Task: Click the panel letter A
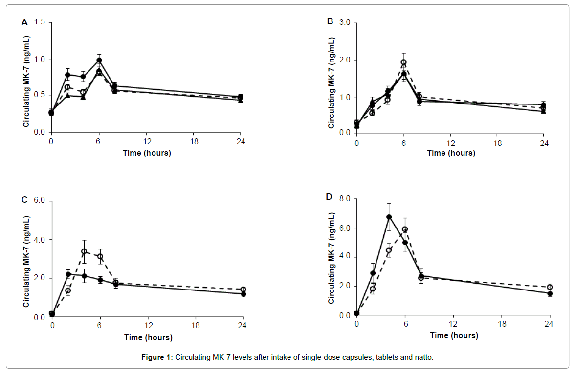[24, 22]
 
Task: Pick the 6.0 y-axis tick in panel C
[40, 201]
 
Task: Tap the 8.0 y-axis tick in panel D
[345, 199]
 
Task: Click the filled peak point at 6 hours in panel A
[99, 60]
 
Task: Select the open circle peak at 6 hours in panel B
[403, 62]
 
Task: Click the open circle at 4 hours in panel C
[84, 251]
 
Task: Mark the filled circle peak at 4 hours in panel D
[389, 217]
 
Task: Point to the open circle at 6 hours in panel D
[405, 229]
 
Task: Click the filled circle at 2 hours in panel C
[68, 274]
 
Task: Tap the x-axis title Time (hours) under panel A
[147, 153]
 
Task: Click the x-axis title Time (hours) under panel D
[454, 335]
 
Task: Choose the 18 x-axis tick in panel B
[498, 143]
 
